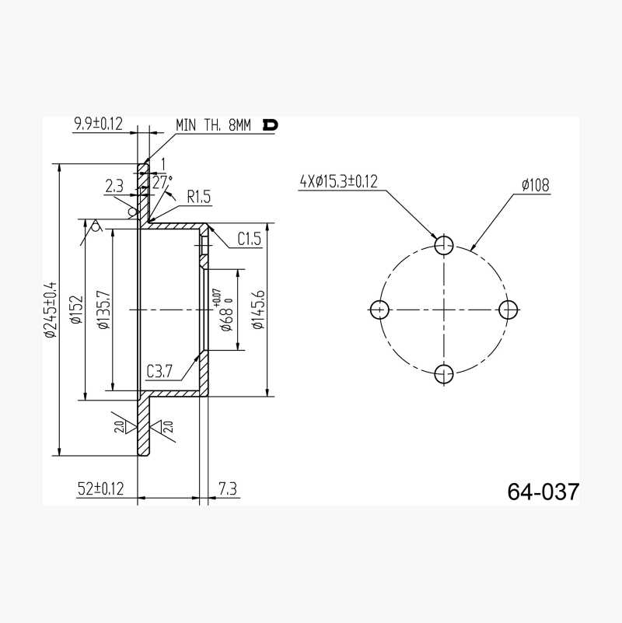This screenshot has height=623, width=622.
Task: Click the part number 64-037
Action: click(543, 492)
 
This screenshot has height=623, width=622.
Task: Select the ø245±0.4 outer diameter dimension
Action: click(51, 310)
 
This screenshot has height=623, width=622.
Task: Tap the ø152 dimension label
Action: click(77, 310)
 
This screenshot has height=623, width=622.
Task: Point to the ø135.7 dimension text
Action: click(103, 310)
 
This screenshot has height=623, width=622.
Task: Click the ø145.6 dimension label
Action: click(258, 310)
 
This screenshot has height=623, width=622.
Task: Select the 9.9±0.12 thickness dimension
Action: click(98, 124)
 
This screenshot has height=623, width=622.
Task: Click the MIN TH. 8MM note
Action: click(213, 125)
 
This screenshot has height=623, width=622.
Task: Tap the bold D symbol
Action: click(270, 125)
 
